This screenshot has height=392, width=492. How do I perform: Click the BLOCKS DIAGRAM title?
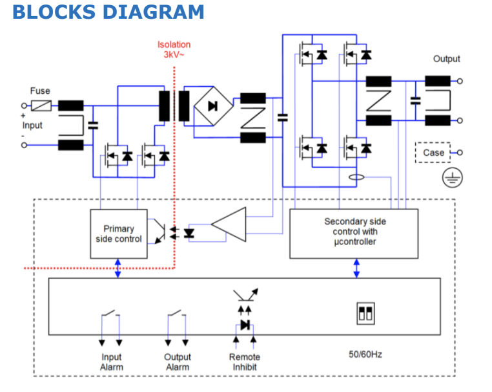(x=108, y=12)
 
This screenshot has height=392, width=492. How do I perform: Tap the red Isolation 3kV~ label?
(x=174, y=50)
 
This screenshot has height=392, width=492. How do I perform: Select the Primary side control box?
(x=119, y=234)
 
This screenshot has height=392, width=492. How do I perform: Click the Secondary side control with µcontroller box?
(x=355, y=232)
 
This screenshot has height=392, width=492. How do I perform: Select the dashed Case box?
(x=433, y=153)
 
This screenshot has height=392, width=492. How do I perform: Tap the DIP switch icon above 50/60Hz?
(x=365, y=314)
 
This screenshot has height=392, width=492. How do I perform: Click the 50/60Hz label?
(x=365, y=354)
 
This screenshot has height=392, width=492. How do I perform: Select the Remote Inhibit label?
(x=245, y=362)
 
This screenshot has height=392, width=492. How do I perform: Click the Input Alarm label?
(x=111, y=362)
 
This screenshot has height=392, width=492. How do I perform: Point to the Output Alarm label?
(x=177, y=362)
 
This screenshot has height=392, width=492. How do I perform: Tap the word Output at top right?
(x=446, y=59)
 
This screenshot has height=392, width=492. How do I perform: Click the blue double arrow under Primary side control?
(x=118, y=268)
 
